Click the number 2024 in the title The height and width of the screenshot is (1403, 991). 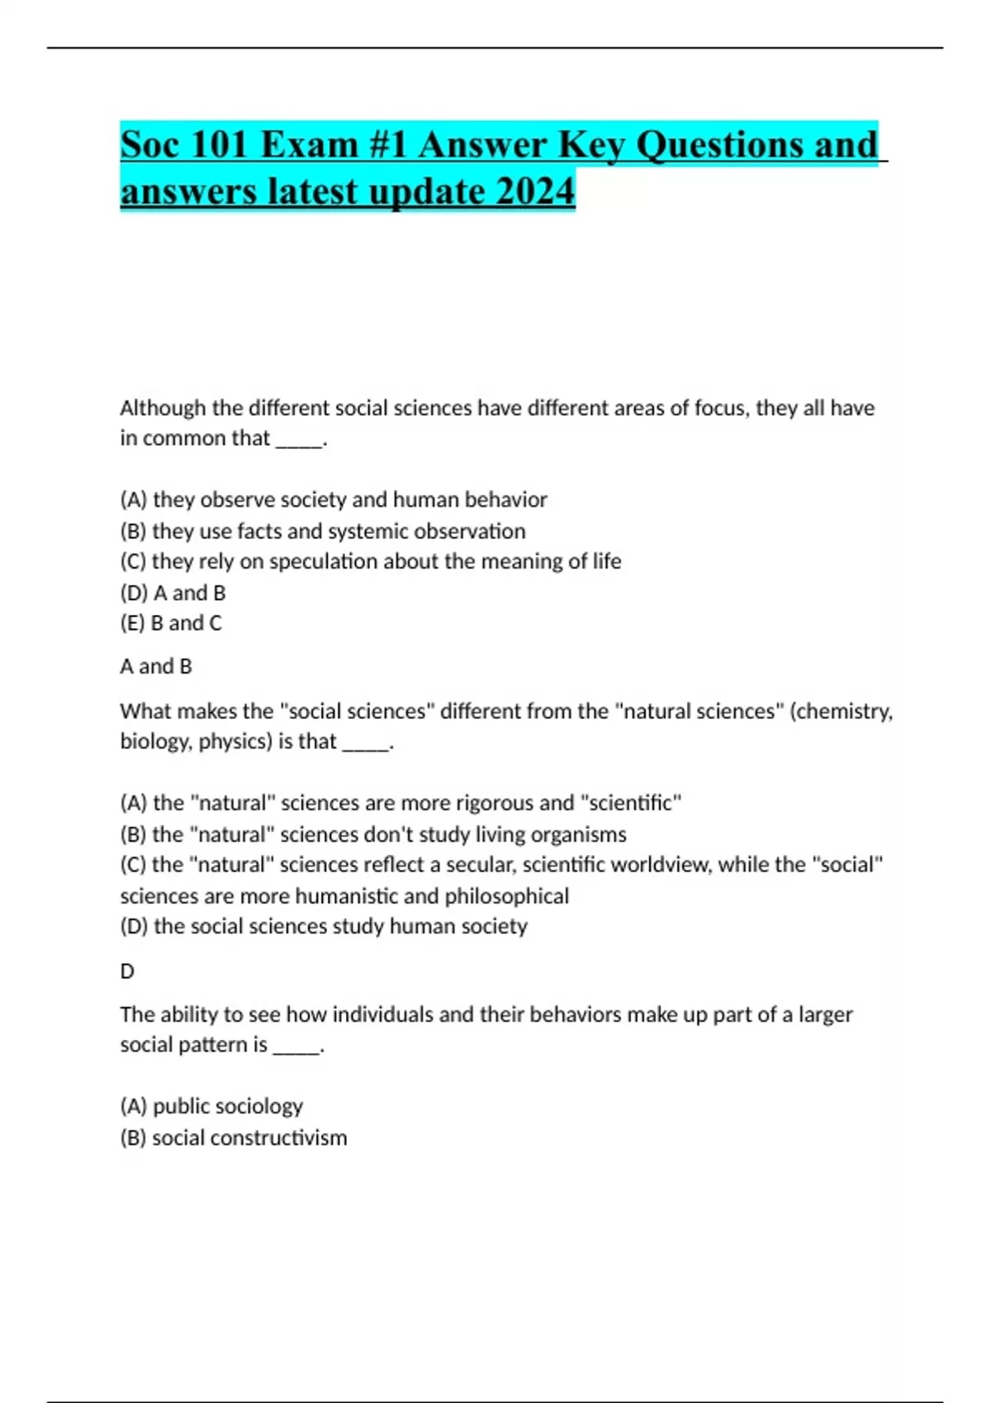[535, 191]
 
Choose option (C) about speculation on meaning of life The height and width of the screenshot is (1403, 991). [370, 561]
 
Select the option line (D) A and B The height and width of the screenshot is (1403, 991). [173, 593]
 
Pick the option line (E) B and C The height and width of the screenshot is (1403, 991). [171, 623]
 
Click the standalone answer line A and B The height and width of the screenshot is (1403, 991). [156, 666]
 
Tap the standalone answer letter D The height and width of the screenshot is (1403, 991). [127, 971]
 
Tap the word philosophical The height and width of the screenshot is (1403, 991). [506, 896]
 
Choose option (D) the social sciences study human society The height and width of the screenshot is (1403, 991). [324, 926]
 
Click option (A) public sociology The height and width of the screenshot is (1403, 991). [211, 1106]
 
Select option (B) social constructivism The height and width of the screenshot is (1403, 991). [234, 1137]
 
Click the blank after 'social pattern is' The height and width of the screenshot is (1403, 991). [296, 1046]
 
